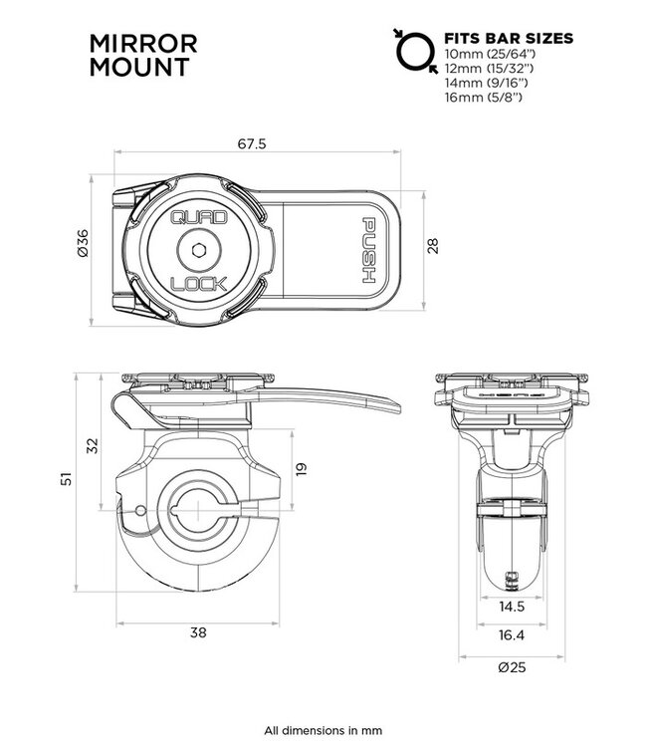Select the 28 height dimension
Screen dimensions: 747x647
pos(431,245)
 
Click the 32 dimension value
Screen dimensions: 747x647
pos(94,445)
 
